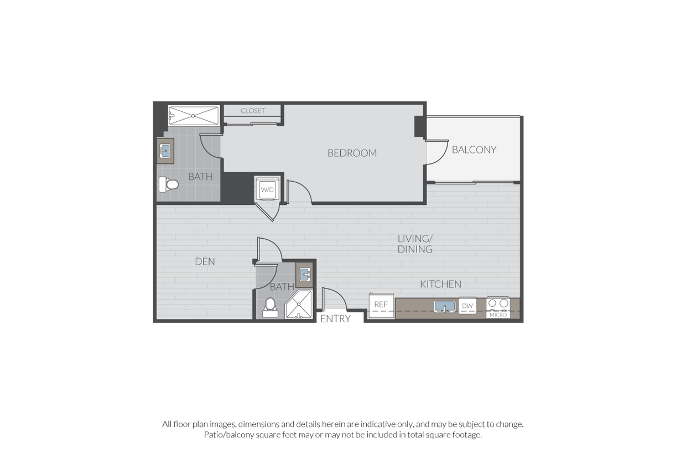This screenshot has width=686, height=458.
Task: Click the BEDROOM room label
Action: pos(352,153)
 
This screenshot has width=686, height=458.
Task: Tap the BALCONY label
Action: pos(474,150)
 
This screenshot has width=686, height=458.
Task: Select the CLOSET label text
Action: pos(253,111)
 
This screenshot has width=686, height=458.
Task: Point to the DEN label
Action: pos(205,261)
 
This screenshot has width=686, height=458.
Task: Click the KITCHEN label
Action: pos(441,284)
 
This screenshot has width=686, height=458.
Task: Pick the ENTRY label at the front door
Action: pos(335,319)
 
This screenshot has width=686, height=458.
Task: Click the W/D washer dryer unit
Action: pos(267,189)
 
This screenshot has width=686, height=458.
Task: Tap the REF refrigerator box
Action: pos(381,306)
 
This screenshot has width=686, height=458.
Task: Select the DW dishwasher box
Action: pos(467,306)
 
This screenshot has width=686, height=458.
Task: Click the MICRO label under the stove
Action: pos(498,315)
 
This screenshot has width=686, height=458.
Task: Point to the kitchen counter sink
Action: pos(445,307)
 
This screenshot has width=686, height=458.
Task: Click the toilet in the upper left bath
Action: pos(168,184)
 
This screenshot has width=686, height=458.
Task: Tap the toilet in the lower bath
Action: pos(270,308)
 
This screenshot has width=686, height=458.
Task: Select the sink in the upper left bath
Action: pos(165,151)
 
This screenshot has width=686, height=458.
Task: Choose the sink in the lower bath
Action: pos(305,274)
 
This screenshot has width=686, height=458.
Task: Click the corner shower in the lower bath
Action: pos(299,305)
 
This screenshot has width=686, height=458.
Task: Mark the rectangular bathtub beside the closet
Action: pos(193,116)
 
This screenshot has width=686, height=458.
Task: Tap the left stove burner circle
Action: pos(492,303)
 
